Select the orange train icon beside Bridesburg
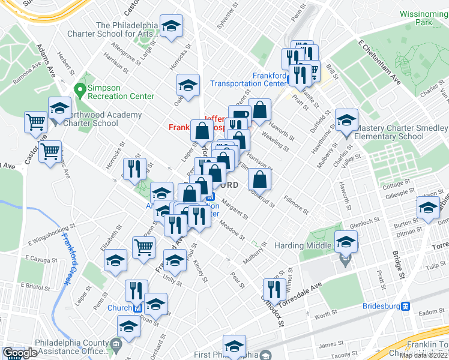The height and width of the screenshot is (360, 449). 406,305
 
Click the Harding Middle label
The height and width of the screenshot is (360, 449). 303,245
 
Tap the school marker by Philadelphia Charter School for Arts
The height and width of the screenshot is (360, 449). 172,26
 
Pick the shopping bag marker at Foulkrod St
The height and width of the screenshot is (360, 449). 259,179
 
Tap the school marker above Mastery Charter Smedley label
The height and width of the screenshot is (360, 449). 346,120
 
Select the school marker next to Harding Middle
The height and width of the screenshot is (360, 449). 346,242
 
